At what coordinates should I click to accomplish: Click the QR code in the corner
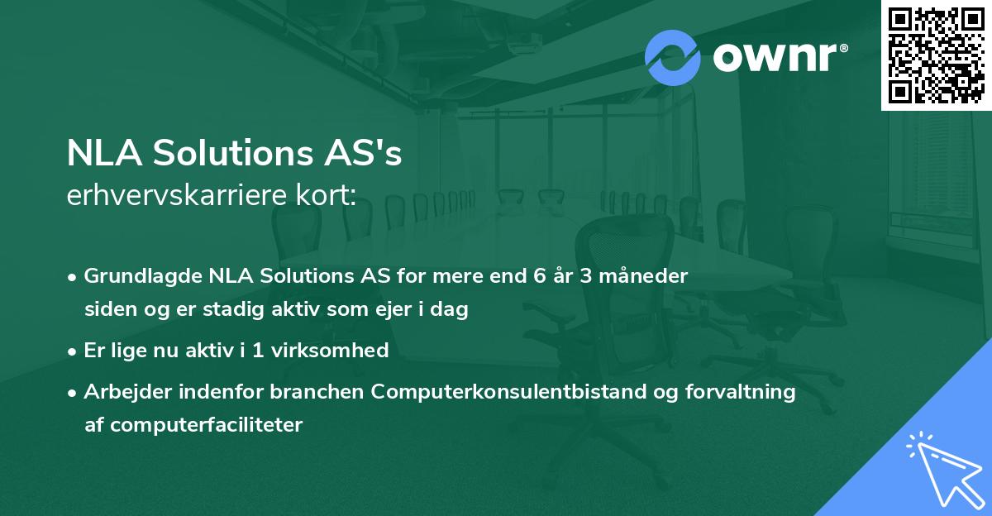pos(937,55)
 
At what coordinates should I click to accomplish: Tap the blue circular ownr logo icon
pos(673,57)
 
